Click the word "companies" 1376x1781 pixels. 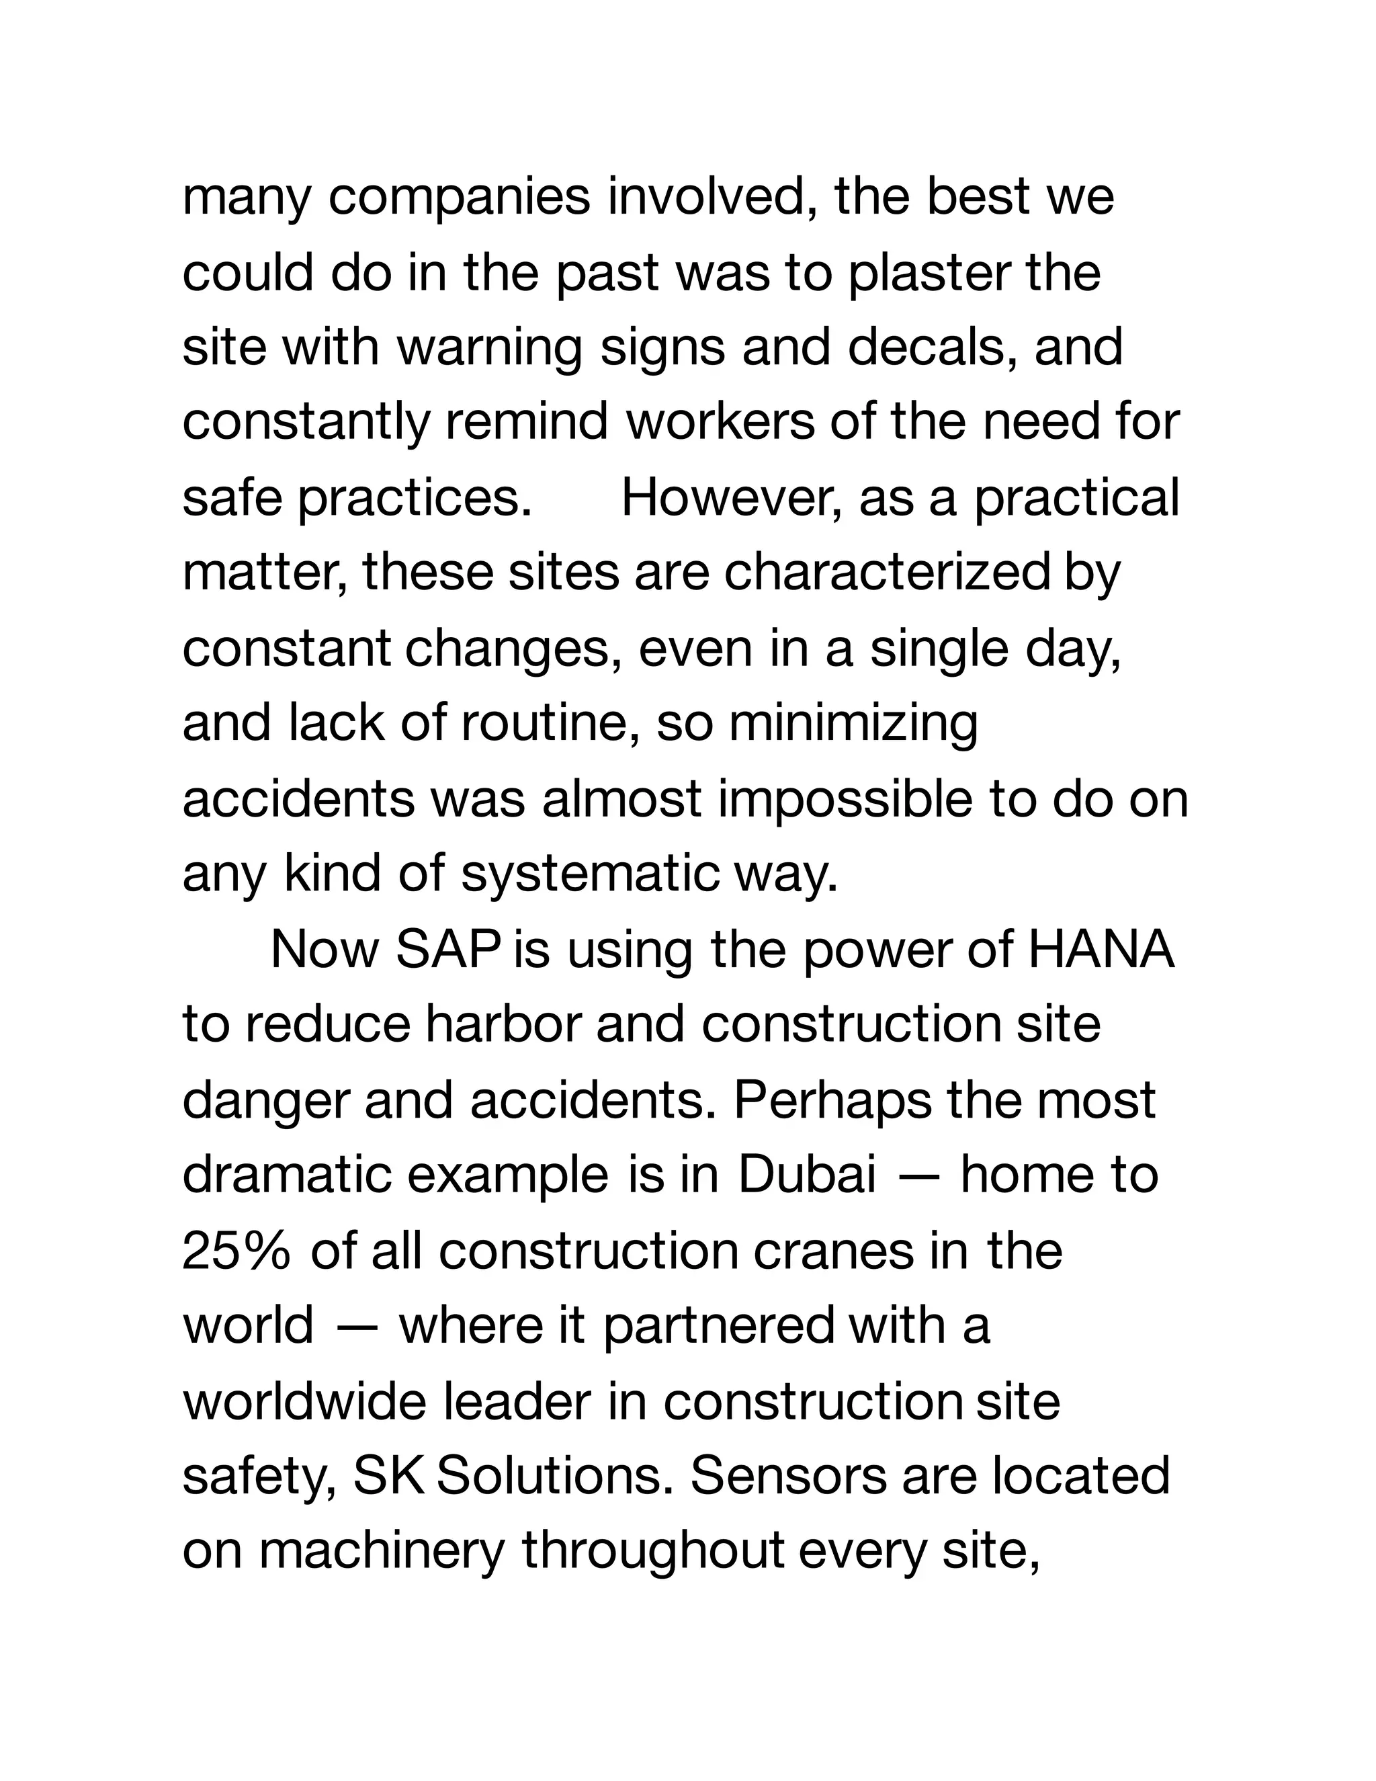[459, 198]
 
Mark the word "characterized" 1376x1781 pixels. [887, 573]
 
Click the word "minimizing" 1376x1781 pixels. [853, 723]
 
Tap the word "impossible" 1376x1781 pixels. [845, 798]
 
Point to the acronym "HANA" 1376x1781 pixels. [1101, 950]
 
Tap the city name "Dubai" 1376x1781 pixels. [807, 1175]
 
